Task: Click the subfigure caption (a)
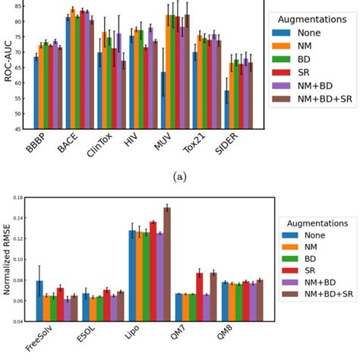pyautogui.click(x=179, y=176)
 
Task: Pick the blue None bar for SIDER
pyautogui.click(x=226, y=109)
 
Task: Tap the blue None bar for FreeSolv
pyautogui.click(x=39, y=301)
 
